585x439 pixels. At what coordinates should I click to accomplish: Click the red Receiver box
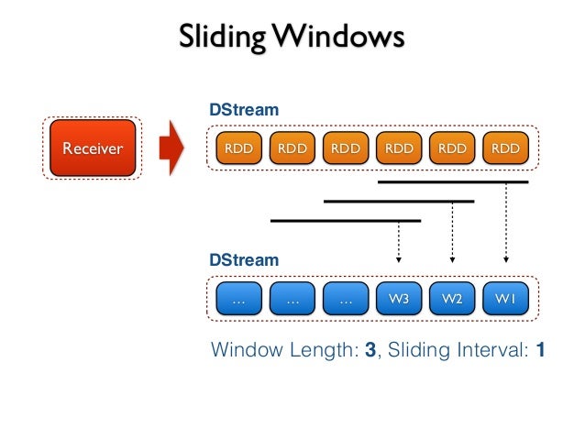click(91, 148)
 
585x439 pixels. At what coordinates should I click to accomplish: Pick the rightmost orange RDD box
click(505, 148)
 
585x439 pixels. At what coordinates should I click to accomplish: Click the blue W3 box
click(398, 298)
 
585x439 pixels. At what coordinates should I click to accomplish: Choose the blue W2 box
click(452, 298)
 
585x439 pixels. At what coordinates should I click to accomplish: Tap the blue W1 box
click(505, 298)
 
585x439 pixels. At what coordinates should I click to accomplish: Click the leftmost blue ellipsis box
click(238, 298)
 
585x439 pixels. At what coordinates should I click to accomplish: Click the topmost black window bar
click(453, 181)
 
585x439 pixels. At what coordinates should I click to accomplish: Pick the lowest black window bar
click(345, 220)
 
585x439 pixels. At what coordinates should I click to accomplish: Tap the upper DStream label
click(244, 110)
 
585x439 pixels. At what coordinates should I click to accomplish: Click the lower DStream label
click(244, 260)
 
